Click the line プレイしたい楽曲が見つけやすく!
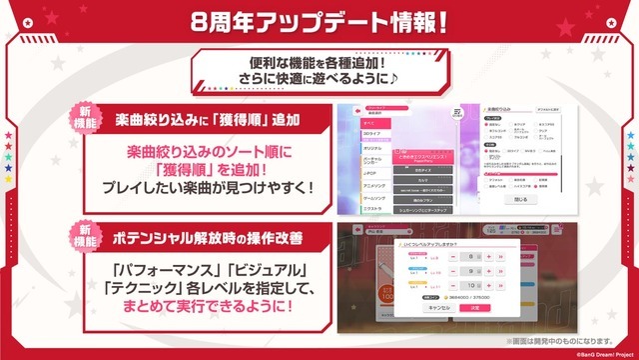(x=207, y=187)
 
